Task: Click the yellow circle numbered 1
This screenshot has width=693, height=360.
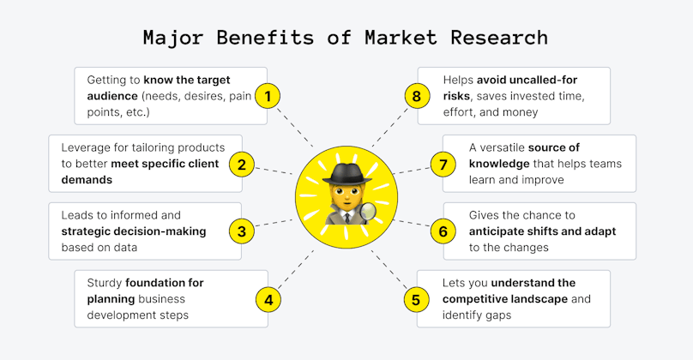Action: [x=268, y=96]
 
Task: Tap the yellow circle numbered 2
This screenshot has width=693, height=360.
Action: [x=242, y=165]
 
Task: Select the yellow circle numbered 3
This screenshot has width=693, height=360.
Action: [x=242, y=231]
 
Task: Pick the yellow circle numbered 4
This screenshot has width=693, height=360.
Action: [x=268, y=300]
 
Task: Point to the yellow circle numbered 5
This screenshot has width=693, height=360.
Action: [x=416, y=300]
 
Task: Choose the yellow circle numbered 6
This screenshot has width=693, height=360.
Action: [x=443, y=231]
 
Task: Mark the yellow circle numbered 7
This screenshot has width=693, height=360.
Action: [x=443, y=165]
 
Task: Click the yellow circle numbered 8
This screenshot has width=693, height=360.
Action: [x=417, y=96]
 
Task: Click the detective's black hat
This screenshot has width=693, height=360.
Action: [x=346, y=174]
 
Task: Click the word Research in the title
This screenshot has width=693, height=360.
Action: [x=499, y=38]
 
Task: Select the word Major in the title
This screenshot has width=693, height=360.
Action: [x=172, y=39]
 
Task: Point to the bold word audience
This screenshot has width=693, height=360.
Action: [x=112, y=96]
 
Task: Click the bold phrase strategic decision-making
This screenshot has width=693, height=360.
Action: [x=134, y=231]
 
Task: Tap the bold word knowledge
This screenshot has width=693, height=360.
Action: [x=499, y=164]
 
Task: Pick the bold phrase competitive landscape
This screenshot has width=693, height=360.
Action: [x=505, y=299]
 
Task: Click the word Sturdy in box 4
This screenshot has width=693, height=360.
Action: [x=105, y=283]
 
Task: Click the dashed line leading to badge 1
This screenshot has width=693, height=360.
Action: [x=295, y=127]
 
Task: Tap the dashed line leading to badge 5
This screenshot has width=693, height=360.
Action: [x=389, y=269]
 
